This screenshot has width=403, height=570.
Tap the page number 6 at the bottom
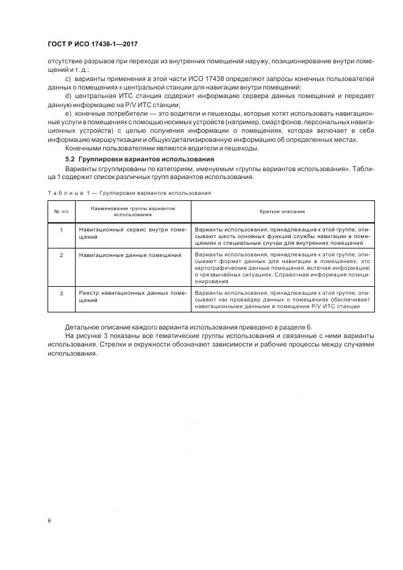(x=49, y=521)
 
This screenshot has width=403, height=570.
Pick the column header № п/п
(x=61, y=211)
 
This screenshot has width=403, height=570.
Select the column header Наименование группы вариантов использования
(x=132, y=211)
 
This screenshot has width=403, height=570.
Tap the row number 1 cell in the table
(x=61, y=230)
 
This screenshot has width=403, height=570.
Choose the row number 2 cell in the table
(x=61, y=255)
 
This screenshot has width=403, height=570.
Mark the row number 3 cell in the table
(x=61, y=293)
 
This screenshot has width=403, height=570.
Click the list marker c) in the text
(x=68, y=79)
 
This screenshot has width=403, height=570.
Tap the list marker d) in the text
(x=68, y=96)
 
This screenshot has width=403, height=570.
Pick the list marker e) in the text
(x=68, y=114)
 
